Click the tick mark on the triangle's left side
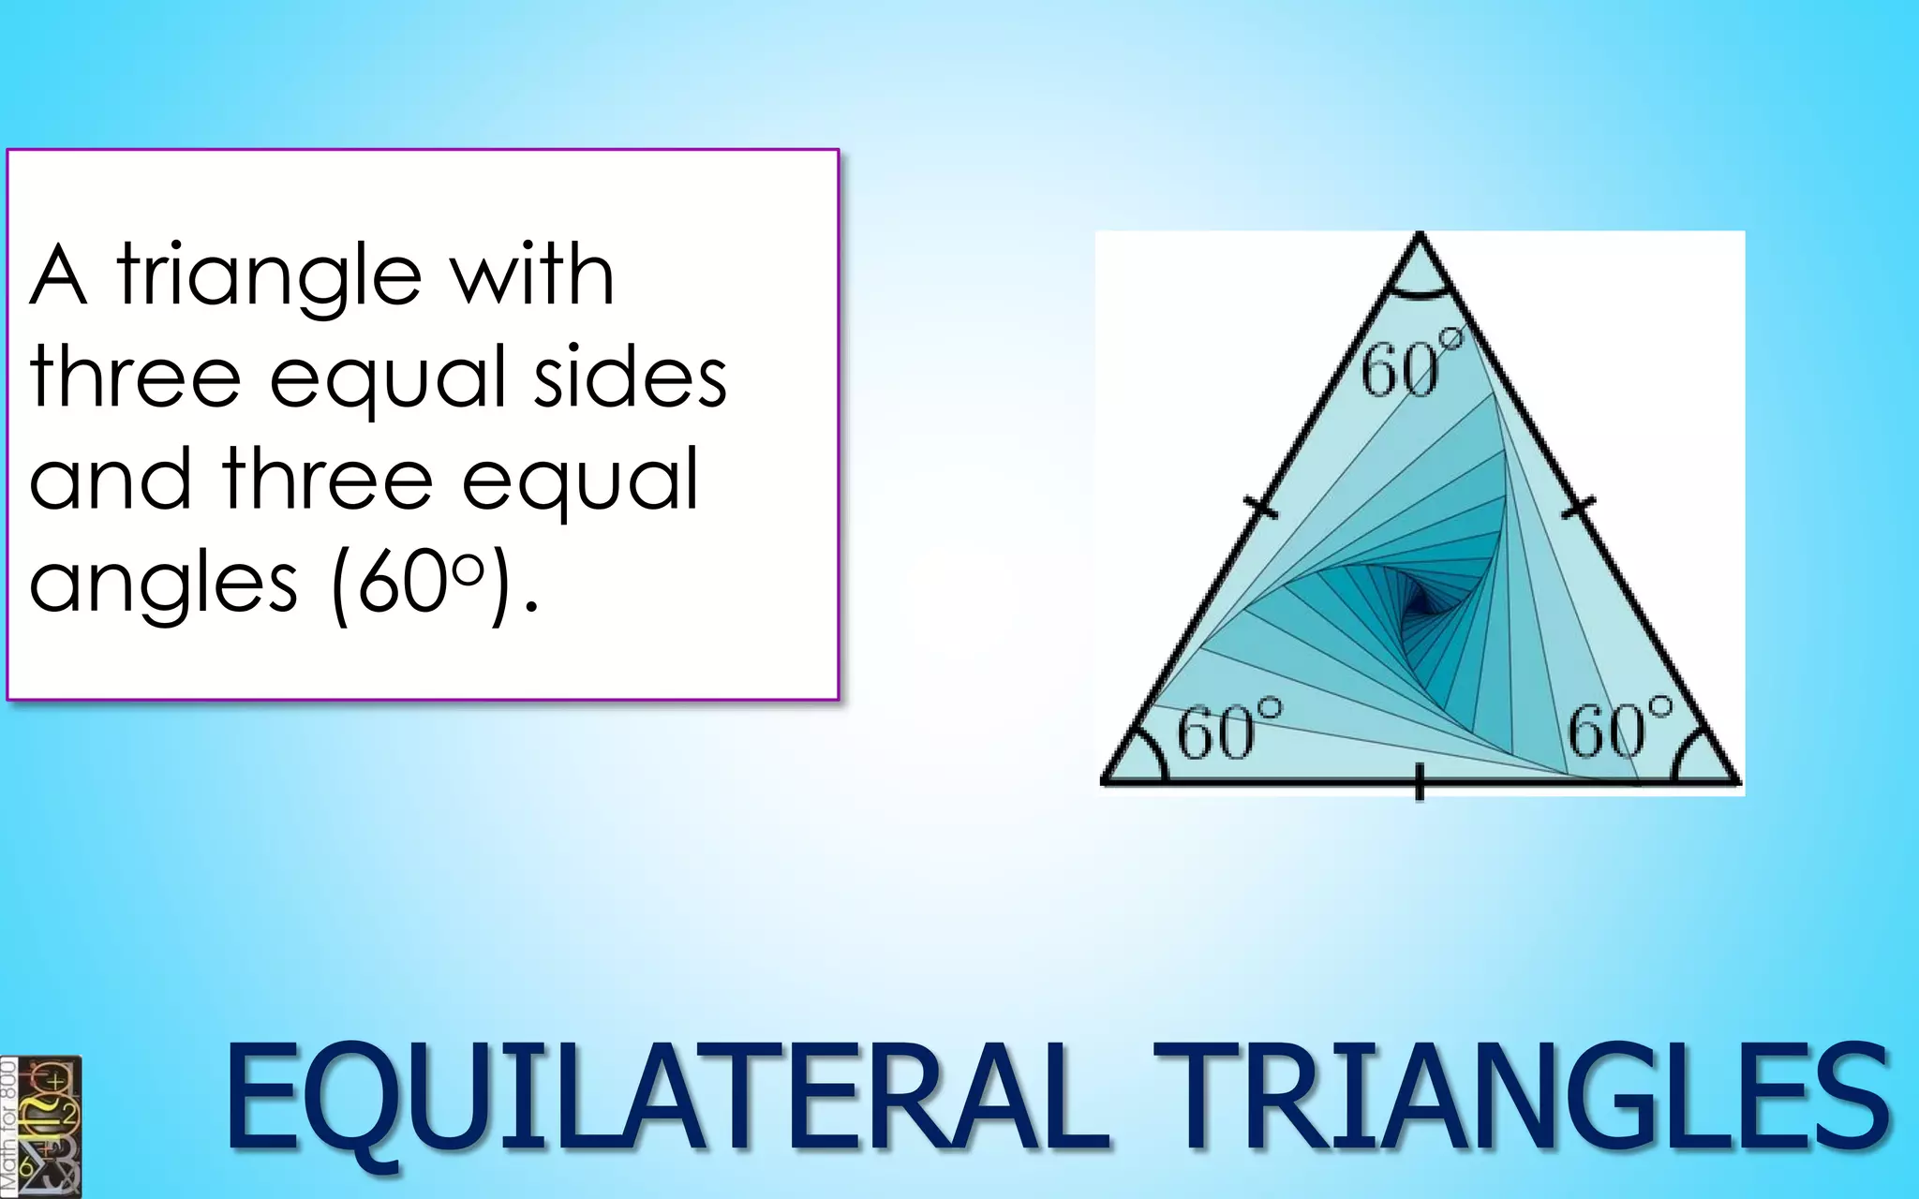pyautogui.click(x=1261, y=509)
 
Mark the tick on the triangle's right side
pyautogui.click(x=1580, y=508)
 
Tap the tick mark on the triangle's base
pyautogui.click(x=1420, y=782)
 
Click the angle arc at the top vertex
pyautogui.click(x=1421, y=294)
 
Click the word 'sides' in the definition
pyautogui.click(x=630, y=377)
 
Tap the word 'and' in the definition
pyautogui.click(x=111, y=479)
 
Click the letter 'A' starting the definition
pyautogui.click(x=58, y=275)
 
